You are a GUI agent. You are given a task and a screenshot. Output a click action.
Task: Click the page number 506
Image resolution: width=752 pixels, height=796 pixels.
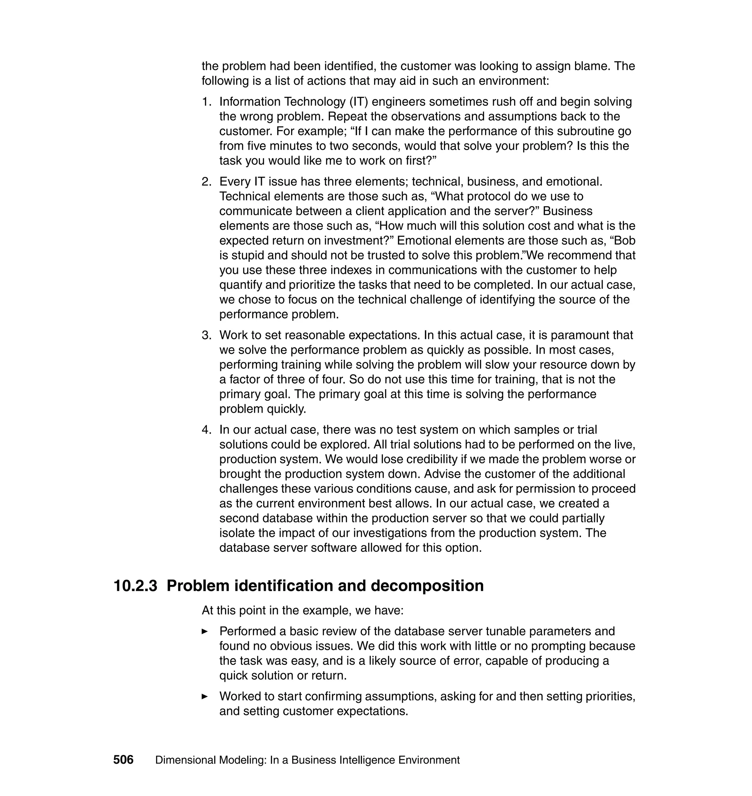tap(123, 760)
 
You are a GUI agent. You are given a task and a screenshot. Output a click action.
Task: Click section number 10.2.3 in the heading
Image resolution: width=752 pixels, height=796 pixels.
tap(135, 586)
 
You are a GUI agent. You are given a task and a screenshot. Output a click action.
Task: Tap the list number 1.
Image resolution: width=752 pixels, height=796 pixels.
tap(206, 102)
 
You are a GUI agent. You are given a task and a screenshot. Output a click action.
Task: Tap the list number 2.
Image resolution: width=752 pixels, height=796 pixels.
tap(206, 182)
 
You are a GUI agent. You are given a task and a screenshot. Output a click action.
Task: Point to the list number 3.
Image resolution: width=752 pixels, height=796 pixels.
tap(206, 335)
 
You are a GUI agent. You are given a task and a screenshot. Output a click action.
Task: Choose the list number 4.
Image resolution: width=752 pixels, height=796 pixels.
tap(206, 430)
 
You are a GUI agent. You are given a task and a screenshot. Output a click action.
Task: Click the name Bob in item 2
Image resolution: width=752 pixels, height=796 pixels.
tap(624, 240)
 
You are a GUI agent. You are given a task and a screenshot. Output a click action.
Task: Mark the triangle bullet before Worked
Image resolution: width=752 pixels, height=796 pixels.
tap(205, 696)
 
